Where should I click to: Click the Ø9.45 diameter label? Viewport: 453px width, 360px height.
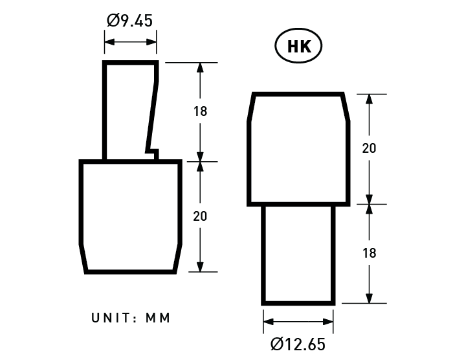[x=129, y=21]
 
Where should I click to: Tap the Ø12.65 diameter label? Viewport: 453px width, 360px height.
[x=298, y=343]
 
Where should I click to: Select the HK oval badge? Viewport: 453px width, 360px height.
[x=298, y=47]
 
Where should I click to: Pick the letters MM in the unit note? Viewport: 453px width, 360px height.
[x=158, y=318]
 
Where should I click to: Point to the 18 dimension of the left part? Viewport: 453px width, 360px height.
[x=200, y=111]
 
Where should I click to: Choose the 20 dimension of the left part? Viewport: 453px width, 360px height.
[x=200, y=216]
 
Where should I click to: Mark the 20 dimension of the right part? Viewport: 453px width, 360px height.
[x=369, y=148]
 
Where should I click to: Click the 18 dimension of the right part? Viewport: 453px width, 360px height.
[x=369, y=253]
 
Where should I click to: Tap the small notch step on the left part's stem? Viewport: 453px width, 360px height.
[x=153, y=152]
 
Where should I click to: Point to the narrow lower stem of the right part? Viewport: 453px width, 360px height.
[x=298, y=254]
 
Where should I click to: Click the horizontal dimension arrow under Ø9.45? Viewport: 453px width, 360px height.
[x=130, y=42]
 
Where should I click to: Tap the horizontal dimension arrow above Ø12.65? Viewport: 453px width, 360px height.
[x=298, y=321]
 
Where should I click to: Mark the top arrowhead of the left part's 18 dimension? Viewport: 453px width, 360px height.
[x=200, y=68]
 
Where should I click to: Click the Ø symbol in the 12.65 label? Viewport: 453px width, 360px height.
[x=277, y=343]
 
